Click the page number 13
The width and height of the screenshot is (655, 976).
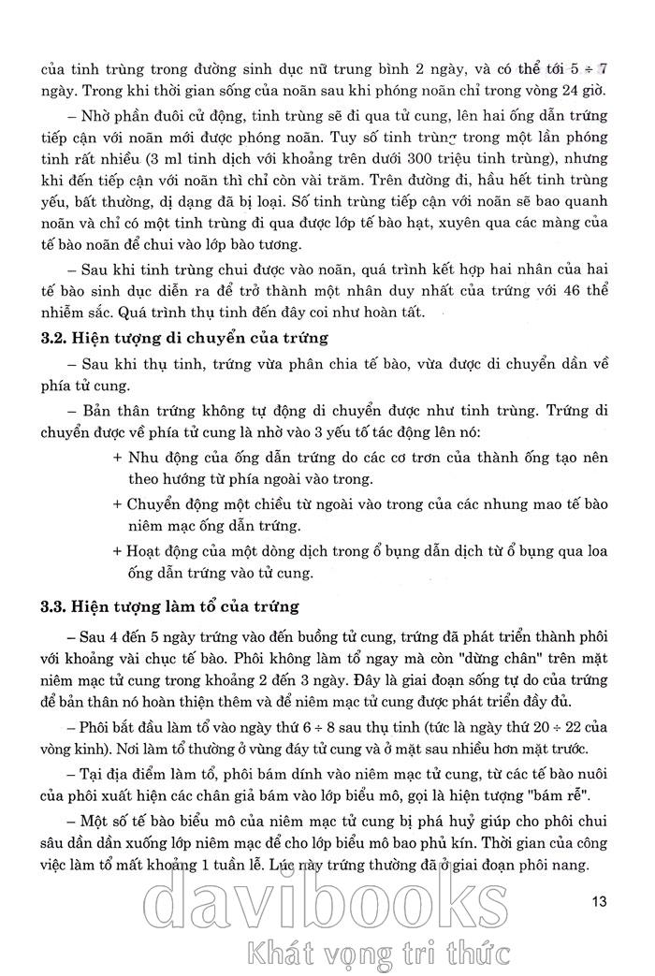(600, 902)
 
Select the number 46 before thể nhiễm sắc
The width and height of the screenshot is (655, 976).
(573, 290)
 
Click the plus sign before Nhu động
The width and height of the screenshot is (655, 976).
(116, 459)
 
